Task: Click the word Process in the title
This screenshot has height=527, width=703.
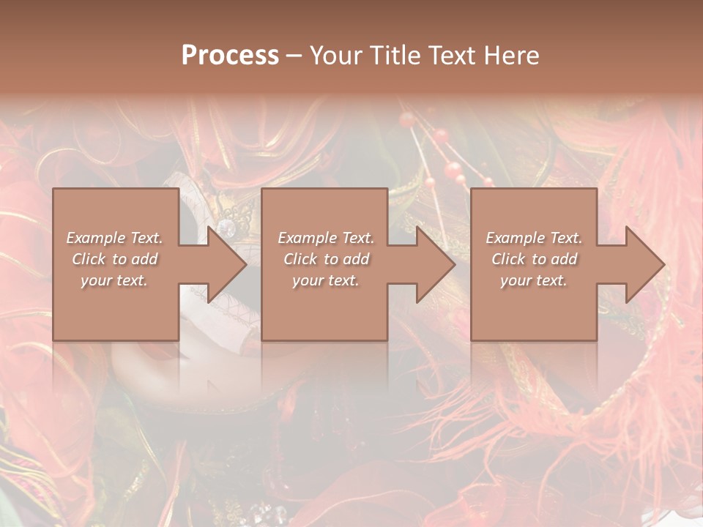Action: click(x=230, y=56)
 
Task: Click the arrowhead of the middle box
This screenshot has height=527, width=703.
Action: click(x=431, y=264)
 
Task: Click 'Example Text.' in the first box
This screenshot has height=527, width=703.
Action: click(x=114, y=238)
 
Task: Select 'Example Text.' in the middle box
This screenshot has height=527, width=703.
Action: click(x=326, y=238)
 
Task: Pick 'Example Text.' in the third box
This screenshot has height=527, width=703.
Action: click(x=534, y=238)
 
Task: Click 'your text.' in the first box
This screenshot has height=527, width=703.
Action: click(x=114, y=280)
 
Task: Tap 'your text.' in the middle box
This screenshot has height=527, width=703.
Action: click(x=326, y=280)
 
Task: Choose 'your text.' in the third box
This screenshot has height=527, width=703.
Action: click(x=534, y=280)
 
